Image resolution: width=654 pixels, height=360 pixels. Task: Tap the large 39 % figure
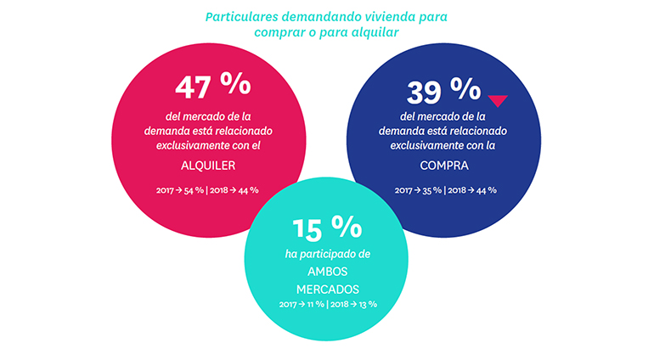[x=443, y=91]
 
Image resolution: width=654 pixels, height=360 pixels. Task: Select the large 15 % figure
[x=327, y=228]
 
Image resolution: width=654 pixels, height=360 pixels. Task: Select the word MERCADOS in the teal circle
[x=327, y=289]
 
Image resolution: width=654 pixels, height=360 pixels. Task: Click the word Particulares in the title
[x=240, y=15]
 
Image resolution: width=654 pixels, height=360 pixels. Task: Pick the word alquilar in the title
[x=372, y=31]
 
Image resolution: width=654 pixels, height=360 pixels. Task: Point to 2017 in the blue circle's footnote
[x=405, y=189]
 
